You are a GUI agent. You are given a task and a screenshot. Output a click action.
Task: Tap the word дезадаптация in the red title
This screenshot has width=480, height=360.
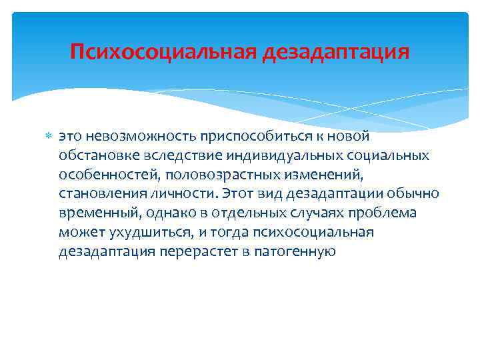coord(335,52)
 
